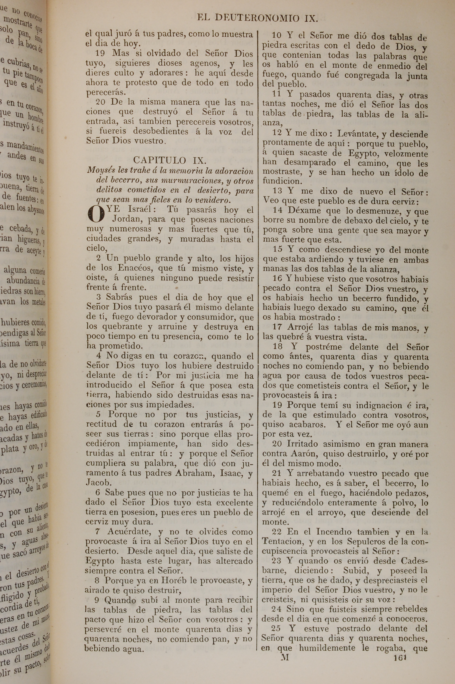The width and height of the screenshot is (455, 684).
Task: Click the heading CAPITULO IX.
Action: point(170,160)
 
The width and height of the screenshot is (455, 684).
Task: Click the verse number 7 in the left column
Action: point(98,532)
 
